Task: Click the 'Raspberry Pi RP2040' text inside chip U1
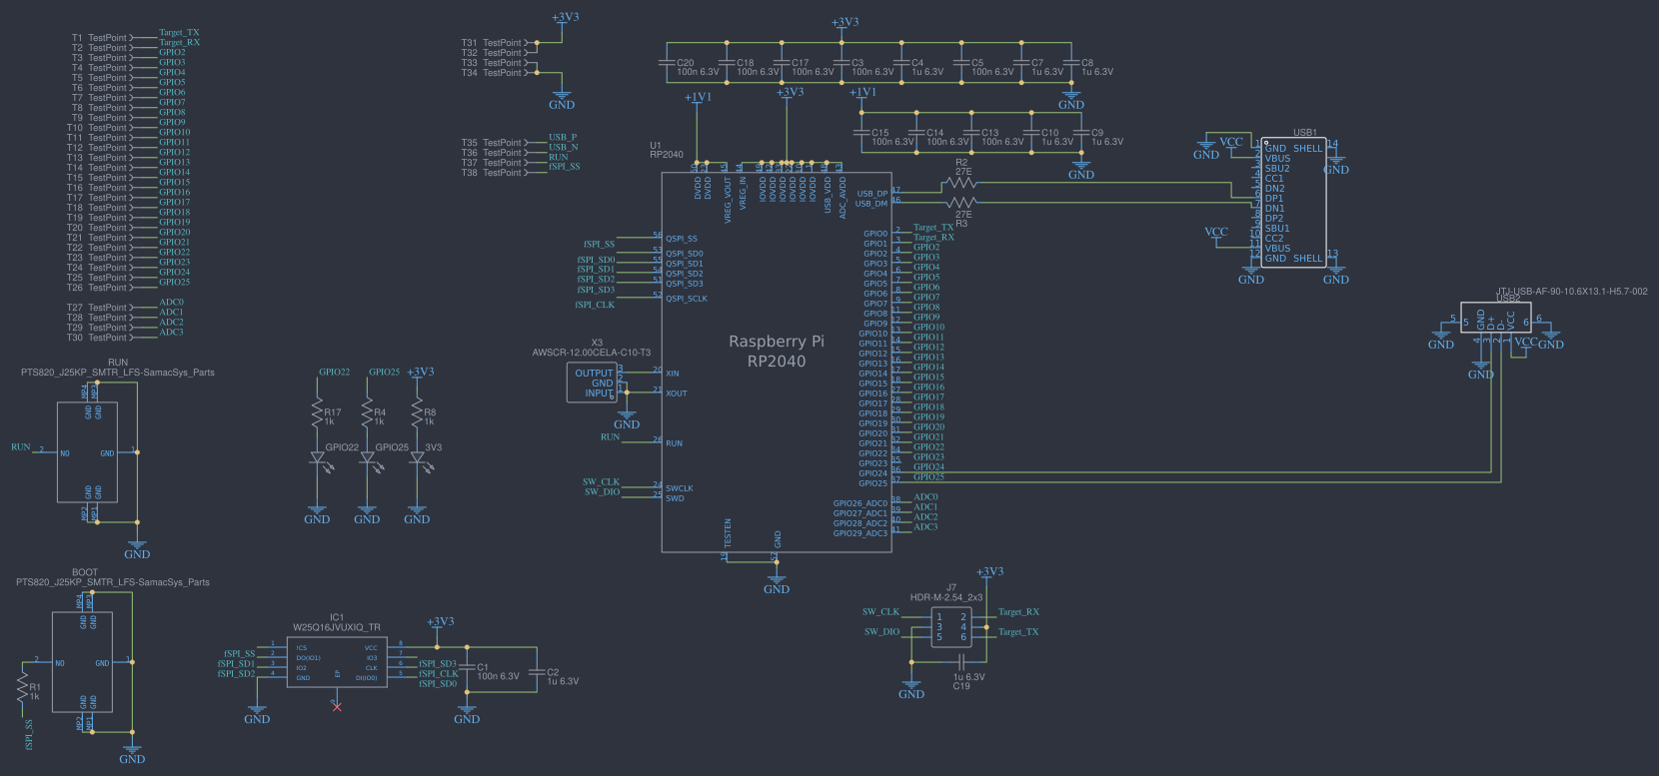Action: [x=777, y=352]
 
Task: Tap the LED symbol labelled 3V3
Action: [x=417, y=457]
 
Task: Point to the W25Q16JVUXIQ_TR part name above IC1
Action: [x=336, y=628]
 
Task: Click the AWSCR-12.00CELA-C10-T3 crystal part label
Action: [x=591, y=353]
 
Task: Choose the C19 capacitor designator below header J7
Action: [x=961, y=686]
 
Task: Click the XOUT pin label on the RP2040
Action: [x=677, y=393]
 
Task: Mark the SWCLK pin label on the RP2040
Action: [x=680, y=488]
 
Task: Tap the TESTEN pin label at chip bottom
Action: [x=728, y=532]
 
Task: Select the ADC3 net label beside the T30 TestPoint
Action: [x=171, y=333]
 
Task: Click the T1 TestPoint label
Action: [x=99, y=38]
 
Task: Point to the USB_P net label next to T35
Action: [x=563, y=138]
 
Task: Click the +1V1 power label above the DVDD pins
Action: [x=698, y=98]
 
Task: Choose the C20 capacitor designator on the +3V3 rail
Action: [x=686, y=63]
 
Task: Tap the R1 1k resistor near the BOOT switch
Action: [x=22, y=687]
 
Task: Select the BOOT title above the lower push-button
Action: [x=85, y=572]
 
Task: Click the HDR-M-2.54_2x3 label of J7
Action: [x=946, y=597]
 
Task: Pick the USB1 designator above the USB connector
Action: [x=1305, y=132]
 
